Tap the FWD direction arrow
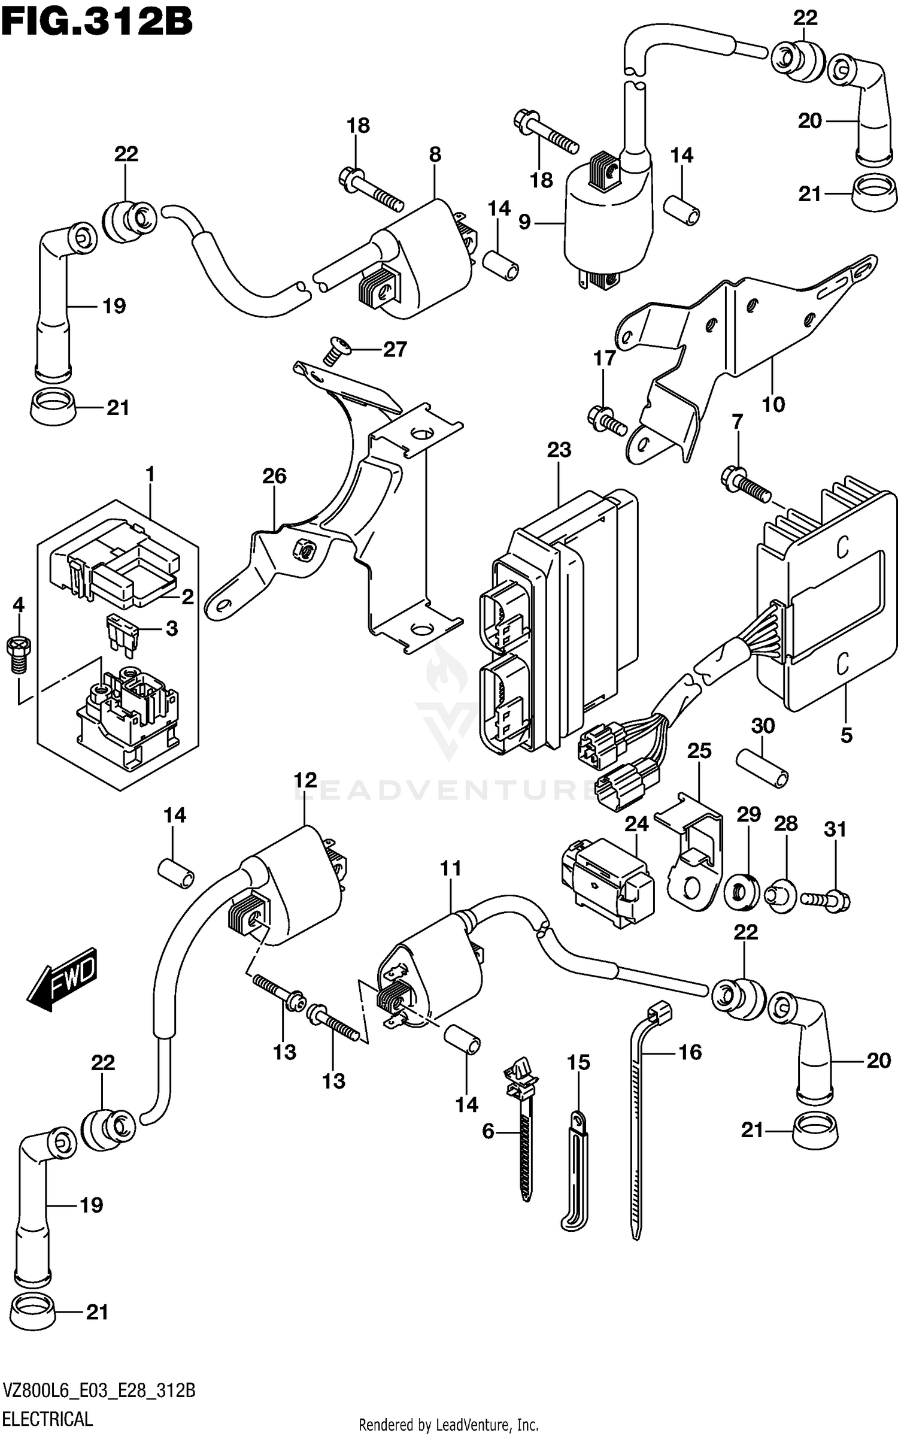[x=62, y=978]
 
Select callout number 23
[x=559, y=450]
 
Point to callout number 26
[x=274, y=477]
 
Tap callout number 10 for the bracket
[x=773, y=405]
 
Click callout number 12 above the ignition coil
[x=305, y=780]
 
